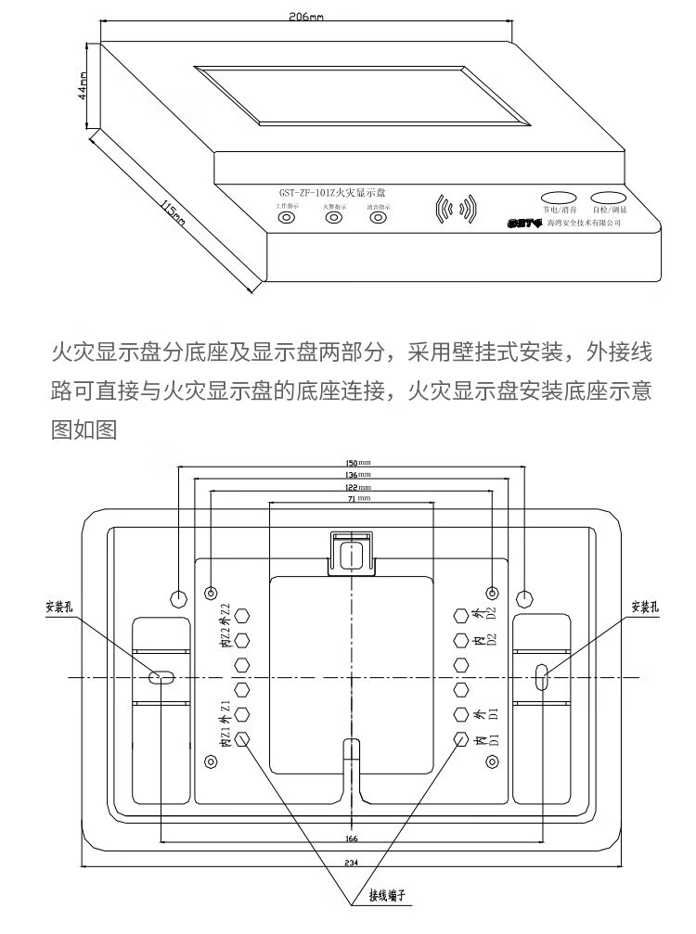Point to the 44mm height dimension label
pyautogui.click(x=83, y=85)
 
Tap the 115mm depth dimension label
pyautogui.click(x=174, y=213)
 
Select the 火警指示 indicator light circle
pyautogui.click(x=333, y=219)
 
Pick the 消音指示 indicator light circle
pyautogui.click(x=377, y=219)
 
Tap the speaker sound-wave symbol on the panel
pyautogui.click(x=456, y=209)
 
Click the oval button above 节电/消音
pyautogui.click(x=559, y=198)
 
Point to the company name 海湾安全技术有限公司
pyautogui.click(x=584, y=224)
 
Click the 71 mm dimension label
pyautogui.click(x=351, y=498)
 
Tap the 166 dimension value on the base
pyautogui.click(x=351, y=838)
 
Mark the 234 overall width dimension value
pyautogui.click(x=351, y=863)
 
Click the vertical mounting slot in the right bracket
pyautogui.click(x=542, y=677)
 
